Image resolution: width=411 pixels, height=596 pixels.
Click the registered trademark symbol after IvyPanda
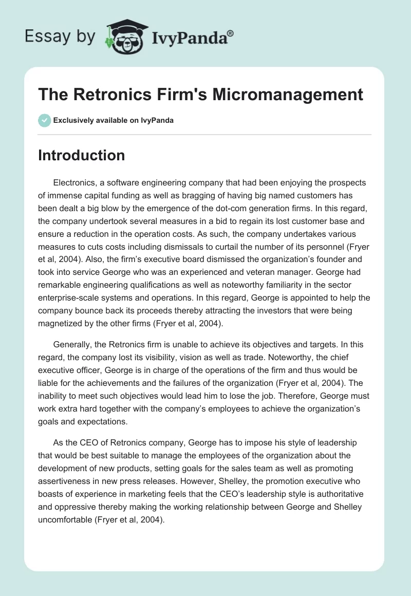coord(230,33)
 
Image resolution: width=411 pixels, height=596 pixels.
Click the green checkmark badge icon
coord(44,120)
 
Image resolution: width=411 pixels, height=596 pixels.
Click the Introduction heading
coord(81,155)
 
